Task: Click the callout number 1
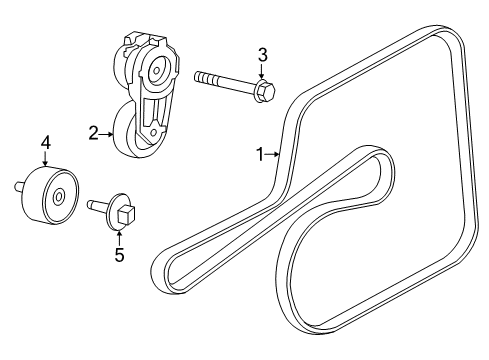point(259,154)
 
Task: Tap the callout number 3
point(263,54)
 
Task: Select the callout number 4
point(45,146)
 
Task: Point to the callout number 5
point(118,254)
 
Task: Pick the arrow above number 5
point(118,236)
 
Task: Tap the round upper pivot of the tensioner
point(155,71)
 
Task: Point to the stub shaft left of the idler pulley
point(18,184)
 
